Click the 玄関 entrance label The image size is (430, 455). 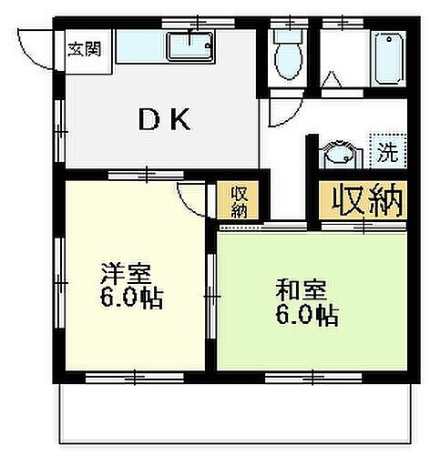click(82, 45)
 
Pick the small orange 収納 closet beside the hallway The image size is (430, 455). click(239, 201)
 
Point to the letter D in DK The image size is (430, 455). click(146, 120)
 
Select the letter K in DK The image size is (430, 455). click(180, 120)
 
